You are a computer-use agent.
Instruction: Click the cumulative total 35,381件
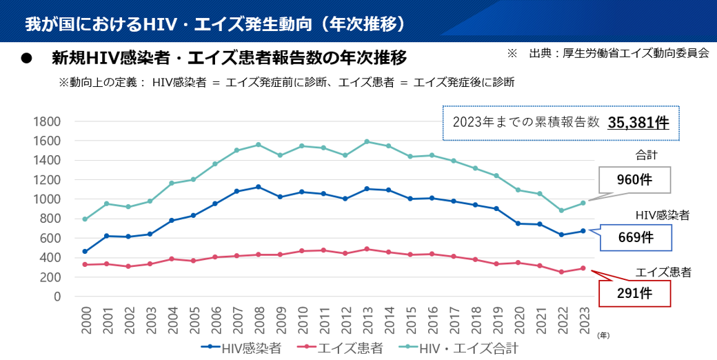coord(638,123)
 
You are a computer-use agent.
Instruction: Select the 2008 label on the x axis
coord(259,321)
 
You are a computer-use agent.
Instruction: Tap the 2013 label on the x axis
coord(367,321)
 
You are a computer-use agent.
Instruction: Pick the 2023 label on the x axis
coord(583,321)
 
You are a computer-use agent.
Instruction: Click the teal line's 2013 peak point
coord(367,141)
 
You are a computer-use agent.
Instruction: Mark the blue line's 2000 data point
coord(85,252)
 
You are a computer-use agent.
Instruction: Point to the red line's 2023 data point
coord(583,268)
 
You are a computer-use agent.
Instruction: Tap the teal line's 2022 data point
coord(561,210)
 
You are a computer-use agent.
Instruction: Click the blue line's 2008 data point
coord(259,187)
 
